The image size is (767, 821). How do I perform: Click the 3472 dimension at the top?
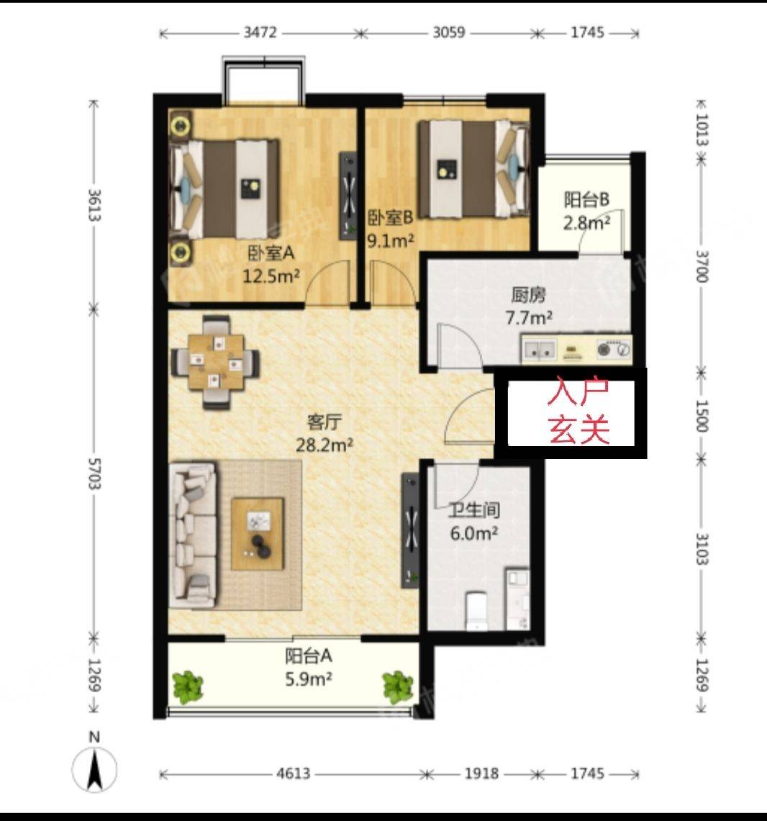(260, 32)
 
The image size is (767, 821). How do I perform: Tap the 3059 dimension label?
(449, 32)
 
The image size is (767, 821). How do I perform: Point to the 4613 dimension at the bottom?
(294, 774)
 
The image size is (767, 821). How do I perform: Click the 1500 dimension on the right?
(702, 416)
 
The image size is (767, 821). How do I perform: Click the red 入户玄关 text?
(578, 411)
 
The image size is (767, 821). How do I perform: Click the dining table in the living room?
(217, 362)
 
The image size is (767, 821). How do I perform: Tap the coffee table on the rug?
(258, 534)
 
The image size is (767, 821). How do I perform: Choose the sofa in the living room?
(193, 535)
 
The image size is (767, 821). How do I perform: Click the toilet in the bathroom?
(476, 611)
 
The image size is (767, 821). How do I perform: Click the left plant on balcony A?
(186, 686)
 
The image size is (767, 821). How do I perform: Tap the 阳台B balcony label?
(586, 199)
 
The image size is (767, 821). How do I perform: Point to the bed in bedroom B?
(473, 168)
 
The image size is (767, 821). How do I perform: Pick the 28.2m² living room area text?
(324, 445)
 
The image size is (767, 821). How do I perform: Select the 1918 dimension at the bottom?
(481, 774)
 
